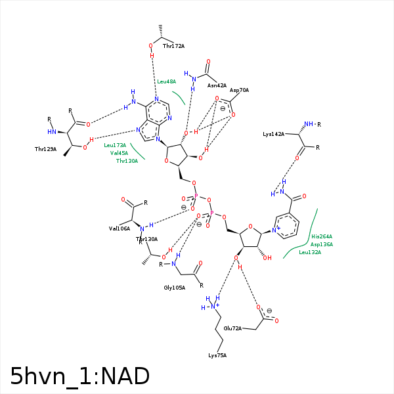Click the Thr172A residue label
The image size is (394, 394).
click(x=173, y=46)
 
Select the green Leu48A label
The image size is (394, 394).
click(x=166, y=81)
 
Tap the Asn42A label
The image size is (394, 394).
click(x=217, y=85)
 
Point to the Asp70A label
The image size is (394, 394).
click(x=239, y=90)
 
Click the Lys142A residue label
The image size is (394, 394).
click(x=273, y=134)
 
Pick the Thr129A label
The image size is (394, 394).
click(x=46, y=150)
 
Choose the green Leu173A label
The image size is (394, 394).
click(x=115, y=145)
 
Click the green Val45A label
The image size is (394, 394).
click(x=119, y=153)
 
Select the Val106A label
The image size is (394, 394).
click(x=119, y=229)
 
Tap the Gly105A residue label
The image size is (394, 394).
click(x=174, y=288)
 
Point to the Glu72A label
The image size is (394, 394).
click(x=233, y=328)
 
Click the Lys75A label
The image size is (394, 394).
click(x=217, y=355)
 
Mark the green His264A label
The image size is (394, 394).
click(x=322, y=236)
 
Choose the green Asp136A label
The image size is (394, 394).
click(x=322, y=244)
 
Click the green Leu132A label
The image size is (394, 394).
click(x=310, y=252)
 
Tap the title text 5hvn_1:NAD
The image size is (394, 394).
click(x=79, y=376)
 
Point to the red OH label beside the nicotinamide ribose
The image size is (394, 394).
click(x=267, y=258)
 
